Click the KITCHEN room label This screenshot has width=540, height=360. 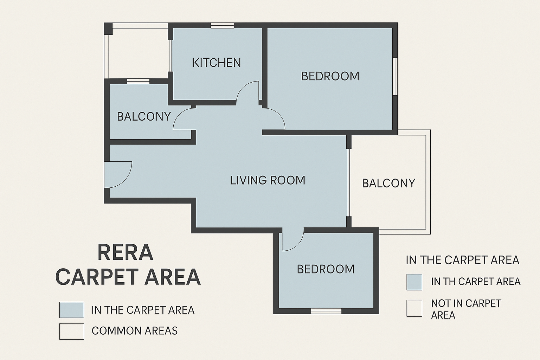pyautogui.click(x=217, y=63)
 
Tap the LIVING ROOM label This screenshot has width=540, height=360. pyautogui.click(x=268, y=180)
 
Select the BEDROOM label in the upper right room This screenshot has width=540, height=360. pyautogui.click(x=330, y=76)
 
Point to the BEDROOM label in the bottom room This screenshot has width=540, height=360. pyautogui.click(x=326, y=269)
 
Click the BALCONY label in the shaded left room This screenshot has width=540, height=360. pyautogui.click(x=143, y=117)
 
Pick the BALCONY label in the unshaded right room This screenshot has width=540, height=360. pyautogui.click(x=388, y=183)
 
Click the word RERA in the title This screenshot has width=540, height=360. pyautogui.click(x=125, y=252)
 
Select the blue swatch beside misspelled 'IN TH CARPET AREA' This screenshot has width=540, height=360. pyautogui.click(x=414, y=282)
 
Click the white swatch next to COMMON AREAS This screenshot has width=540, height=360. pyautogui.click(x=72, y=331)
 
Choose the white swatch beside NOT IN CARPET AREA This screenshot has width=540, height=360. pyautogui.click(x=414, y=308)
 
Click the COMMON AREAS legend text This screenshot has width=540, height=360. pyautogui.click(x=134, y=331)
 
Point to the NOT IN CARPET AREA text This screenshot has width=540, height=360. pyautogui.click(x=465, y=309)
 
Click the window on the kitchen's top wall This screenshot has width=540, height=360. pyautogui.click(x=222, y=25)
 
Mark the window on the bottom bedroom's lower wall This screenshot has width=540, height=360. pyautogui.click(x=326, y=311)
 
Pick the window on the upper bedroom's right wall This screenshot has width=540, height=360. pyautogui.click(x=395, y=76)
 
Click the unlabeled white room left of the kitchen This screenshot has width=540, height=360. pyautogui.click(x=139, y=53)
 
